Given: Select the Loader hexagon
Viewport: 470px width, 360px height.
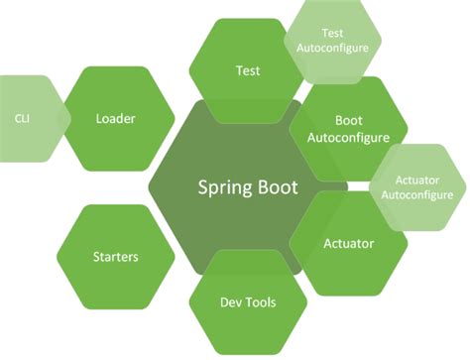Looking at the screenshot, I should (115, 119).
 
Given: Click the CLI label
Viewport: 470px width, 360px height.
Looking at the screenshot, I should (22, 118).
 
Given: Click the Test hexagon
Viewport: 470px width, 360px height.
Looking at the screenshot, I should (248, 70).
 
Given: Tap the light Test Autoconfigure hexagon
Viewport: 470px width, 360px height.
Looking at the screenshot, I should (332, 40).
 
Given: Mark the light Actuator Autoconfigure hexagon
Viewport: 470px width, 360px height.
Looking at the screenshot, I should (416, 185).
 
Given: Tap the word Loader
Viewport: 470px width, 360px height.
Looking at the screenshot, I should (115, 119).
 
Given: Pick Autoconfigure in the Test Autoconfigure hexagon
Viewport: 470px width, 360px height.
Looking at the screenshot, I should (332, 47).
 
